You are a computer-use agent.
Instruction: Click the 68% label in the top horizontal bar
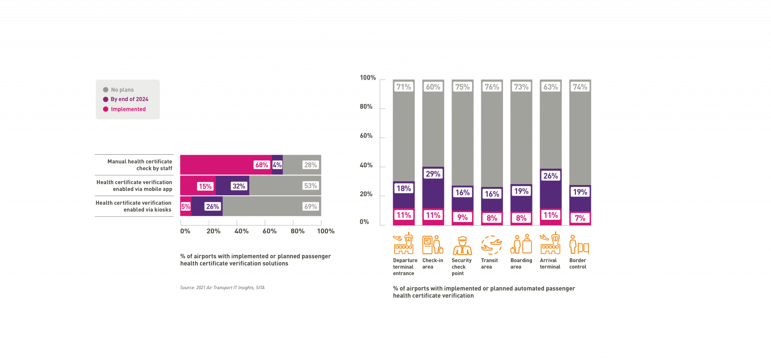click(x=261, y=165)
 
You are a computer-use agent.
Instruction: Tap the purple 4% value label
click(x=277, y=165)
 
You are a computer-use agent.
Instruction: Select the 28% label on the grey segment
click(x=310, y=165)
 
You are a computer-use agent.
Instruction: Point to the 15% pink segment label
click(x=205, y=186)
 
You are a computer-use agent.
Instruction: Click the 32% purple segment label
click(x=239, y=186)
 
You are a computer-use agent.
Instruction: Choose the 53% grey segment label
click(x=310, y=186)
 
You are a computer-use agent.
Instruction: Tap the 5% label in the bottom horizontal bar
click(x=186, y=207)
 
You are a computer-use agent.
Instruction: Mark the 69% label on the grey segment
click(x=310, y=207)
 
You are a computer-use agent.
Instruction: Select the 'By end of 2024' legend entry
click(x=125, y=99)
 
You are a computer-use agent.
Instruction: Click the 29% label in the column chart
click(x=433, y=174)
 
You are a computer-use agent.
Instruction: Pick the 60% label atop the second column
click(x=433, y=87)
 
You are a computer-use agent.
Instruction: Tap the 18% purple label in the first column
click(x=403, y=188)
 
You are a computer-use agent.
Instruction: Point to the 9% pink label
click(x=462, y=217)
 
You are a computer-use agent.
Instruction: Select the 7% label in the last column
click(x=580, y=218)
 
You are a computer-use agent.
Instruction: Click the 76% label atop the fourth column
click(x=492, y=87)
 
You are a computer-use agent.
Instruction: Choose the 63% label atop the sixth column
click(x=550, y=87)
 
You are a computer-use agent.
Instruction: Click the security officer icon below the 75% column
click(x=462, y=245)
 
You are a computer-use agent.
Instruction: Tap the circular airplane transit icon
click(x=492, y=245)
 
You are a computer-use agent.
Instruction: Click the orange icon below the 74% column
click(x=579, y=245)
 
